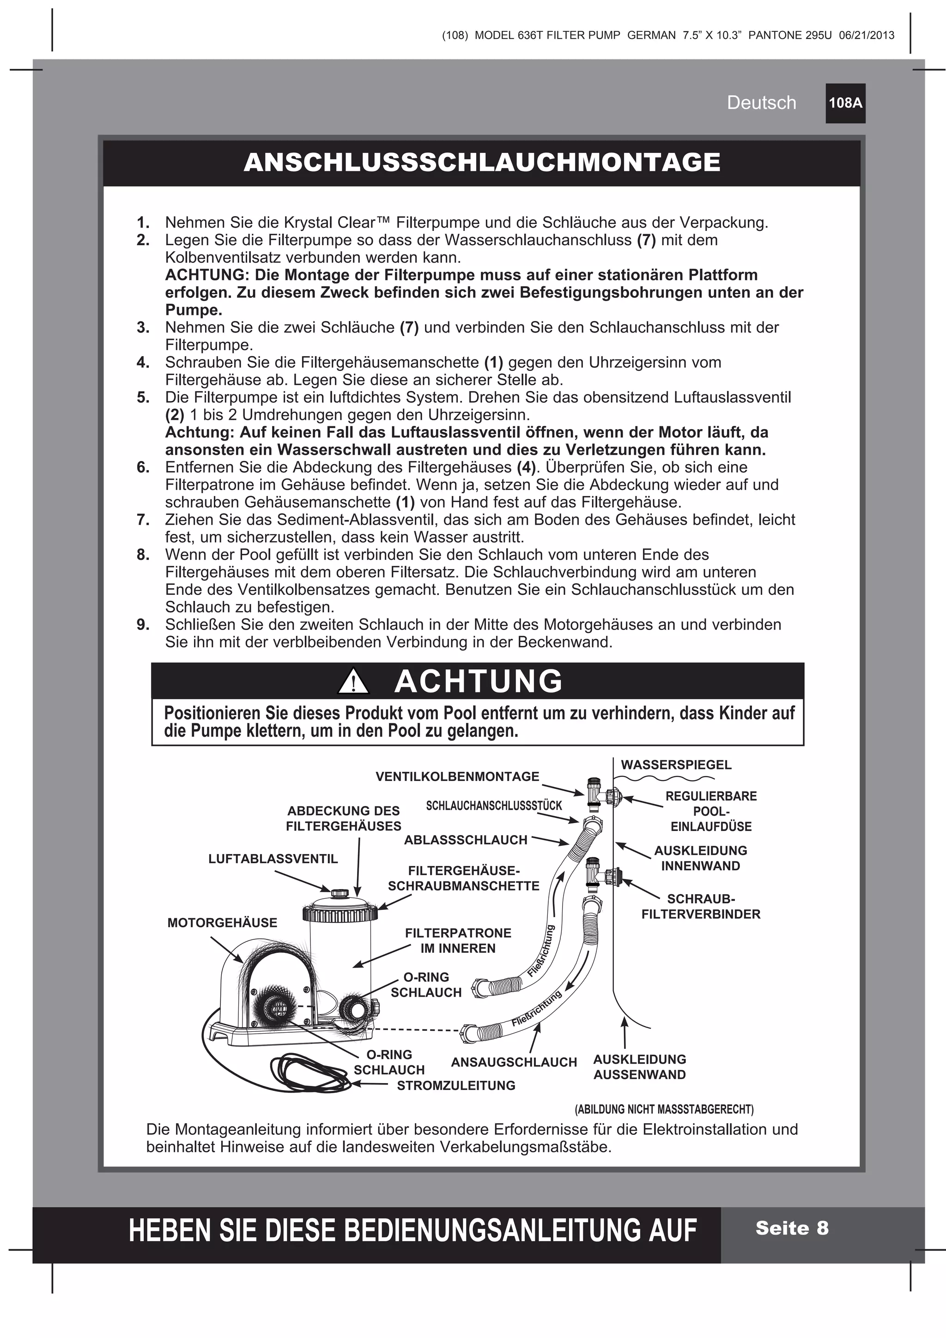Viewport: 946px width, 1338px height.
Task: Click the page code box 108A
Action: click(844, 103)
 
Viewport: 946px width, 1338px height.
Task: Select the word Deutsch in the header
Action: click(761, 103)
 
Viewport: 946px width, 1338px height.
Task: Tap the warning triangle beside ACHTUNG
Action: click(353, 682)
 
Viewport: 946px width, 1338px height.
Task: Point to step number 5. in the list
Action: click(143, 398)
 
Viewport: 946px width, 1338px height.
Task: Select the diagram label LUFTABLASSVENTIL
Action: click(273, 859)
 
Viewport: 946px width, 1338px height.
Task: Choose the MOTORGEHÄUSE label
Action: click(222, 922)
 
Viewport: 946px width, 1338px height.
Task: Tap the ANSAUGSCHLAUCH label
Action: click(514, 1062)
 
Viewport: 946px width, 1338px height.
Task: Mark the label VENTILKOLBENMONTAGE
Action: click(458, 776)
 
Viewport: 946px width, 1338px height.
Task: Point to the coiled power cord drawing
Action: click(309, 1071)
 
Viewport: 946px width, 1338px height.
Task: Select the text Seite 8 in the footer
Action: click(792, 1228)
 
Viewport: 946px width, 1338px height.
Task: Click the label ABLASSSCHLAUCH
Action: click(466, 840)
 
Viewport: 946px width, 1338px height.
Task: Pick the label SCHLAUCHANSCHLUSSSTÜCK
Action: click(494, 805)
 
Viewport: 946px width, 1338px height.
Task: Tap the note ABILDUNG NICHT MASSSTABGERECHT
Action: click(664, 1108)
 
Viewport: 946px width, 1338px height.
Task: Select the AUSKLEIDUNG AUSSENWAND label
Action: click(639, 1067)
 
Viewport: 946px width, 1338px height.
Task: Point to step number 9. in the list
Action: click(143, 625)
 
